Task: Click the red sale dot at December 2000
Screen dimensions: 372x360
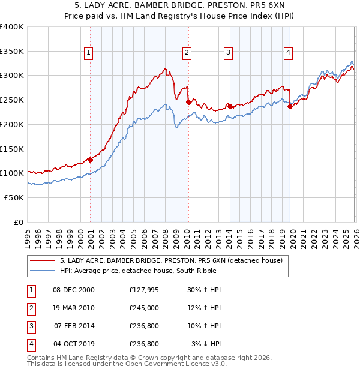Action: [90, 160]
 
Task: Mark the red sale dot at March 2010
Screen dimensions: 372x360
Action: [188, 102]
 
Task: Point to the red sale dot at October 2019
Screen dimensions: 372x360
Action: [290, 107]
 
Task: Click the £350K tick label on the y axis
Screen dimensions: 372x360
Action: [12, 51]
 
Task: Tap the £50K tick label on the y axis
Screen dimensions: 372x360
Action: [14, 197]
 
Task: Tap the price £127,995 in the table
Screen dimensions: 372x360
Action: [143, 290]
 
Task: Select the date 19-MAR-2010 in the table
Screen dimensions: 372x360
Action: [74, 308]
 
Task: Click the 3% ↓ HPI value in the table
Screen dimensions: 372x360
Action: [206, 344]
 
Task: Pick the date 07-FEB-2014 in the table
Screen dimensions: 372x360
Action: [74, 326]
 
